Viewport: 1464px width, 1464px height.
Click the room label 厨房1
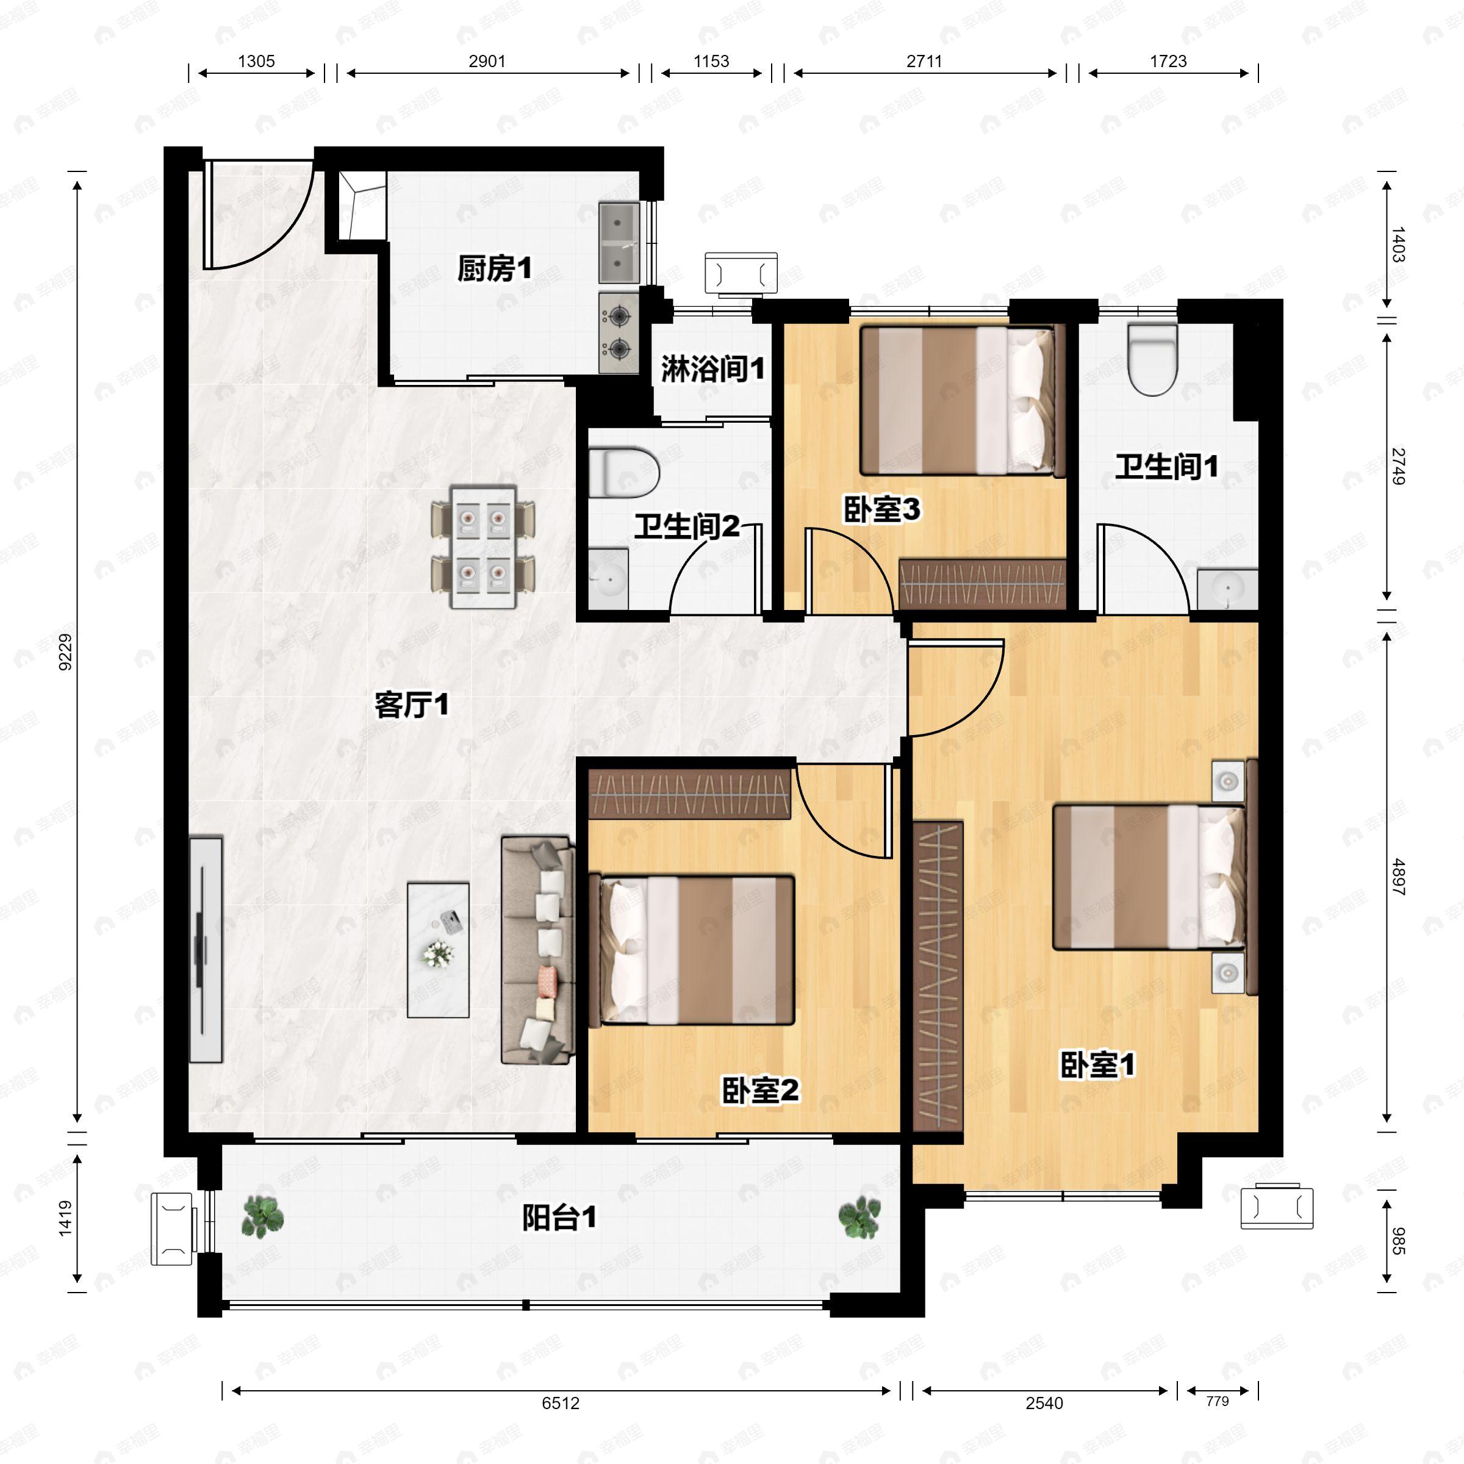click(x=494, y=268)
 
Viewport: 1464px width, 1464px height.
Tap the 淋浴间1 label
click(x=712, y=369)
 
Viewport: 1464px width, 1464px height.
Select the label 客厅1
click(x=412, y=705)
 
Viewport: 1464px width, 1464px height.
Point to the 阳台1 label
click(x=559, y=1218)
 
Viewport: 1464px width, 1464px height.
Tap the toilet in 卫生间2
click(x=623, y=472)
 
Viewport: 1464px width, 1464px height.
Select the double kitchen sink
click(x=619, y=242)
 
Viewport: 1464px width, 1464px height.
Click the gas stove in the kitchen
click(x=619, y=332)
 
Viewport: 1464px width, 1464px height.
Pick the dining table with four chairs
click(x=483, y=547)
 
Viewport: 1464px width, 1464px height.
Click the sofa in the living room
click(x=537, y=950)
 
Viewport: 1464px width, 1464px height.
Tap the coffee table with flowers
click(x=438, y=950)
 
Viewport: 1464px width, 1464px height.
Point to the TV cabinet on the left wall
click(x=206, y=950)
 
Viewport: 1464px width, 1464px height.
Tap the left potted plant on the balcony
click(x=262, y=1217)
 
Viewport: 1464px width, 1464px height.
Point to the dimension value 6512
click(x=560, y=1404)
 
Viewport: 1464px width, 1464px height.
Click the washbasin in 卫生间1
click(x=1227, y=589)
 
